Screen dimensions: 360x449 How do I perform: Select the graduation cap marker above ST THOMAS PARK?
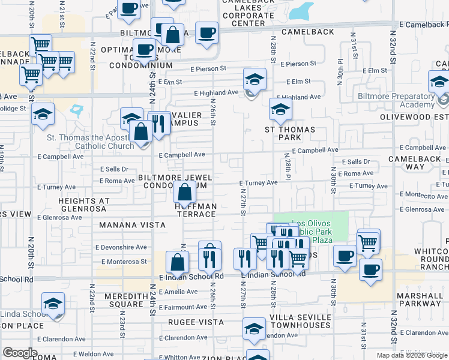[280, 110]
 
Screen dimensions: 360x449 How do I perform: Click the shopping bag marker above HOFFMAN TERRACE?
[185, 193]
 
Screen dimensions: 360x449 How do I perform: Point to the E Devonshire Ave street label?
[124, 247]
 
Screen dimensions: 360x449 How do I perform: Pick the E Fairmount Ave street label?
[183, 307]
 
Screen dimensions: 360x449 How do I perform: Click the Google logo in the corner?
[20, 353]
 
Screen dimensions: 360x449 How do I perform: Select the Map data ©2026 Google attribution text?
[412, 355]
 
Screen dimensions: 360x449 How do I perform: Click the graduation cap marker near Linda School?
[53, 305]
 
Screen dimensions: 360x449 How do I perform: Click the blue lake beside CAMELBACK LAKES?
[301, 10]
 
